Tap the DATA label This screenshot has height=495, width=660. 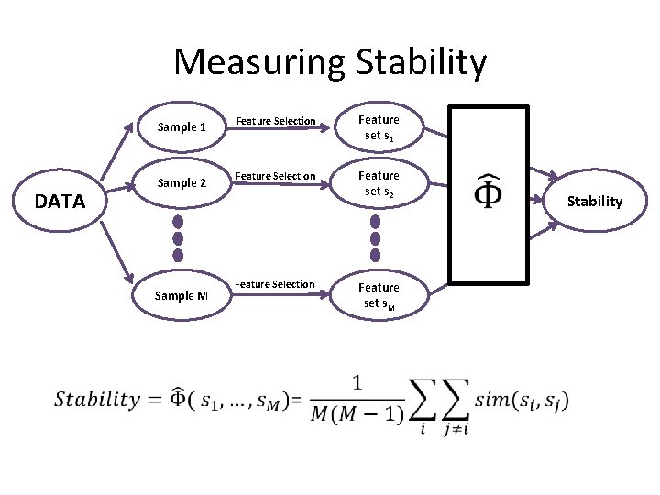click(60, 201)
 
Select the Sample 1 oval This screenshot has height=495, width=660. click(181, 127)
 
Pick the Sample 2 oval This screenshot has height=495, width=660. click(181, 183)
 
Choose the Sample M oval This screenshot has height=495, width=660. click(181, 295)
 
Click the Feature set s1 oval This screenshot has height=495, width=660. click(379, 127)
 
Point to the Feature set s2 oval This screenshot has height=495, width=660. click(379, 183)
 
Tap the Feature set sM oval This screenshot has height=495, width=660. click(379, 295)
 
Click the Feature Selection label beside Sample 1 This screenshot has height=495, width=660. click(276, 121)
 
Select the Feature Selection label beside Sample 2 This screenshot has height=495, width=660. click(276, 176)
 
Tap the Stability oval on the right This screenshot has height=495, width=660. click(594, 201)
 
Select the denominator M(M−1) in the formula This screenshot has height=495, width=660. click(357, 414)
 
